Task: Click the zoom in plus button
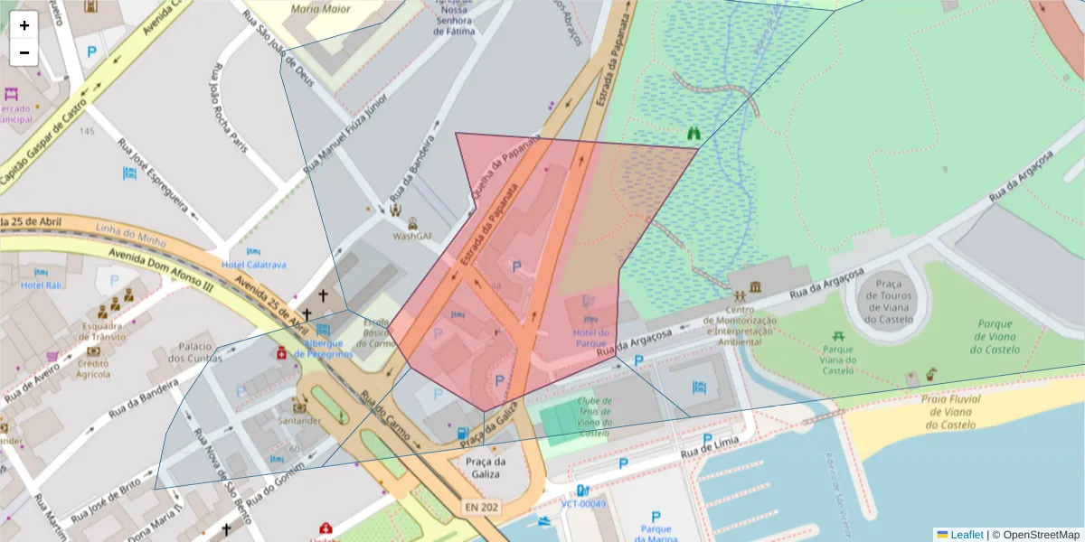[x=24, y=25]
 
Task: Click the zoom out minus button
[x=24, y=52]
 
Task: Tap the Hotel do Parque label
[x=590, y=338]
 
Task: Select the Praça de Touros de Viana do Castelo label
[x=883, y=301]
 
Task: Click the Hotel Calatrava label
[x=254, y=265]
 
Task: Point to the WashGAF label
[x=412, y=236]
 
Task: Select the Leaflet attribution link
[x=966, y=535]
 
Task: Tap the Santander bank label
[x=300, y=421]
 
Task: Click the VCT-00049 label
[x=583, y=503]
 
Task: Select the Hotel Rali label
[x=41, y=285]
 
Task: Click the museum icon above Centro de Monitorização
[x=755, y=287]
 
